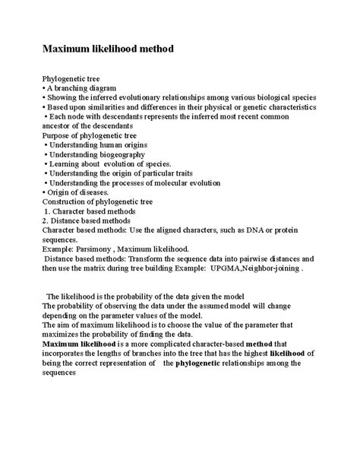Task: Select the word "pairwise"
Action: point(249,258)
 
